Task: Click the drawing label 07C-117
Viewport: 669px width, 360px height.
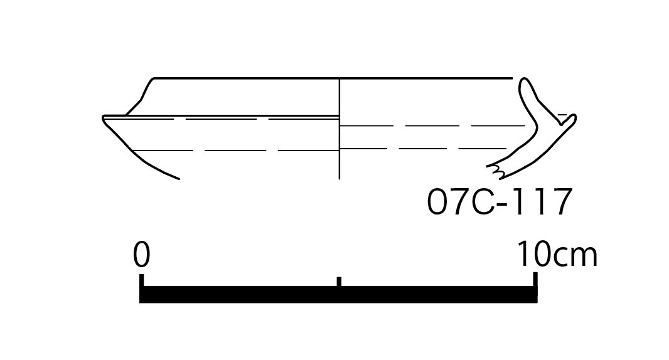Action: [499, 201]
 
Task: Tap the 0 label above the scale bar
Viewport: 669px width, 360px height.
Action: [142, 254]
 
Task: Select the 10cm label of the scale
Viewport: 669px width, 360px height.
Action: [557, 254]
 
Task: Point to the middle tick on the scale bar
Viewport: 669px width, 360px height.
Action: [339, 282]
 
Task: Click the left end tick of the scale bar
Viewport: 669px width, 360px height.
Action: [142, 280]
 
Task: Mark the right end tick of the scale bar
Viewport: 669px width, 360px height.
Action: [535, 279]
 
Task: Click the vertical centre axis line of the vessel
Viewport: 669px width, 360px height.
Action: [339, 129]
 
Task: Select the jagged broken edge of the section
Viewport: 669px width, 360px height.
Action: [496, 171]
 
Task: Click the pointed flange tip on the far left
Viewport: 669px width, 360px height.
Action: [104, 118]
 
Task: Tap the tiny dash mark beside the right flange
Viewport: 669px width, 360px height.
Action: [562, 115]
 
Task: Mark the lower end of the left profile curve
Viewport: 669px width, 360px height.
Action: [178, 179]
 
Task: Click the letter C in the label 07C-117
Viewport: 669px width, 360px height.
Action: [482, 201]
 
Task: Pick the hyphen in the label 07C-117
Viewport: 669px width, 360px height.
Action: [503, 204]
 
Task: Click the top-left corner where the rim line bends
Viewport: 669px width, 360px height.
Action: [154, 78]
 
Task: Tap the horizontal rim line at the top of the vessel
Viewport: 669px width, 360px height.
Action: [333, 78]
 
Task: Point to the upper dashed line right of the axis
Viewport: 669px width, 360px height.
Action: [432, 126]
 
